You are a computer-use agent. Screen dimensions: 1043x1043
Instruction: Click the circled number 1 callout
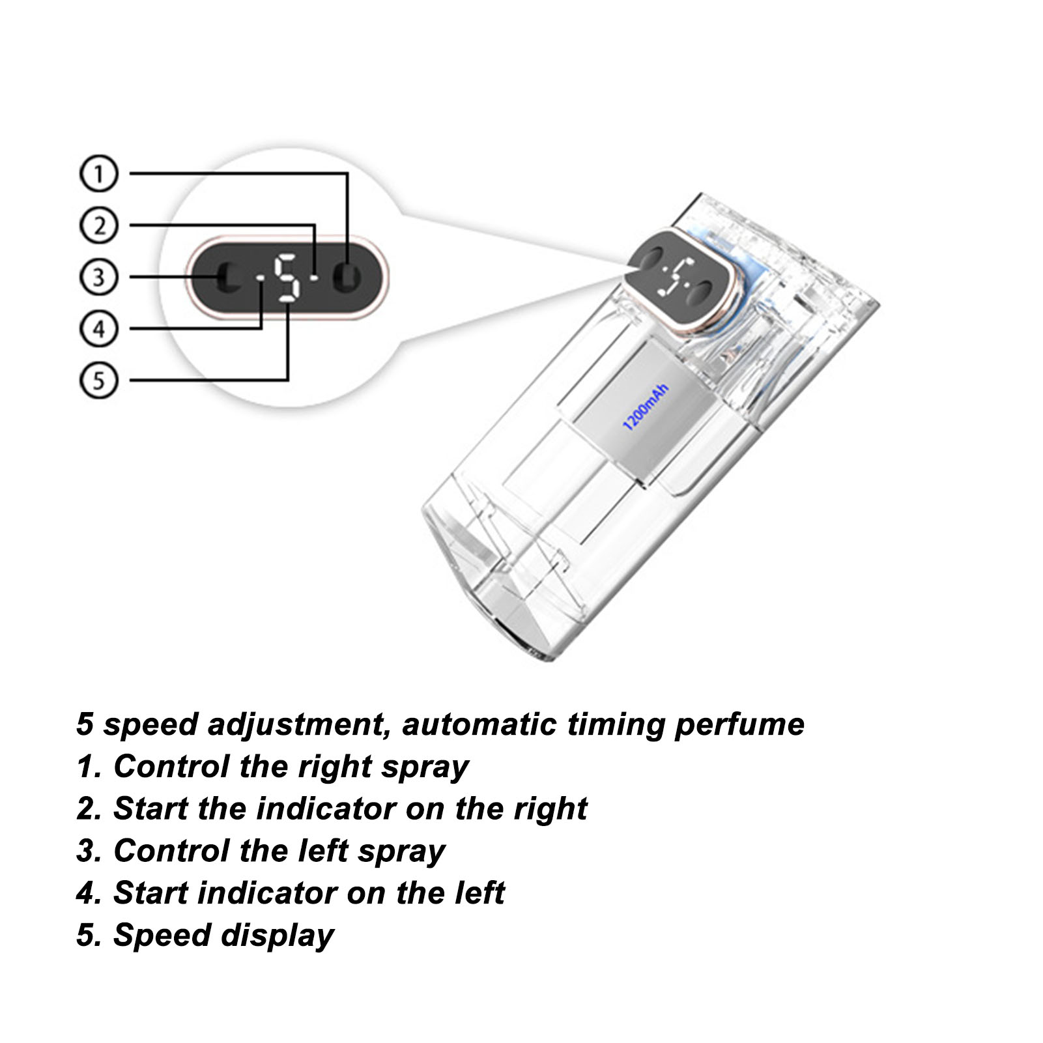point(98,173)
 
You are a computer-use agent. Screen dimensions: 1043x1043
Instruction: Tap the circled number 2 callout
point(98,225)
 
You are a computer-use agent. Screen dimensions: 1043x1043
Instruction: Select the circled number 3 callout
point(98,277)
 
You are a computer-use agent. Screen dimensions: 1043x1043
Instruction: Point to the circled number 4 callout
point(98,328)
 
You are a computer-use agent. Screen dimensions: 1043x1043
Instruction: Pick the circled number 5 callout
point(98,380)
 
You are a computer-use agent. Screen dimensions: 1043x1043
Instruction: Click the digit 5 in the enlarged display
point(287,278)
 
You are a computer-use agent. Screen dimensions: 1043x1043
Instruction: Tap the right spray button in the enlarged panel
point(347,278)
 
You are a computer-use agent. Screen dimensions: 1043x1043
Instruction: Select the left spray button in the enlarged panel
point(226,278)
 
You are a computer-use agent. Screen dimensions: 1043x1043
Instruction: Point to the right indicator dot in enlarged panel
point(315,278)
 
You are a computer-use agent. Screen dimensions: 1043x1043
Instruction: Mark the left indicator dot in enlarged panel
point(260,279)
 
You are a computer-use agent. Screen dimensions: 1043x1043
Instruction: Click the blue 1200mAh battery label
point(646,408)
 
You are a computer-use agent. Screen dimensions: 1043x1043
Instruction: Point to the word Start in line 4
point(150,893)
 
